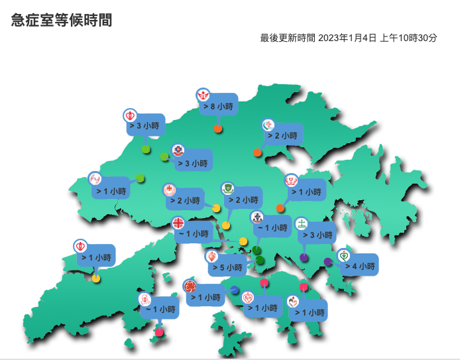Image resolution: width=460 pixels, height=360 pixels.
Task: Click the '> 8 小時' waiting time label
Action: [x=218, y=106]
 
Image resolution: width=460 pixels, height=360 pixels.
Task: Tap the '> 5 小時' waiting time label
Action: [x=227, y=268]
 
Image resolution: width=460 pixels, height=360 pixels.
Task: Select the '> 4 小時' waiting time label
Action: [x=359, y=267]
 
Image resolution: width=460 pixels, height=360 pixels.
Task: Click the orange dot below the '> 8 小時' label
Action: [x=217, y=129]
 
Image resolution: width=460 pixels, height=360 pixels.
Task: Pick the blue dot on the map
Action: [x=235, y=290]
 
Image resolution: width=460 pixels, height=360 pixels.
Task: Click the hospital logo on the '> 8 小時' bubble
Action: [x=203, y=95]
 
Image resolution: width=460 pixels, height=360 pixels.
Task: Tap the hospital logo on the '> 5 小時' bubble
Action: [x=211, y=256]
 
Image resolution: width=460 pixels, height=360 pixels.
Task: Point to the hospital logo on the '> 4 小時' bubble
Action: [x=343, y=255]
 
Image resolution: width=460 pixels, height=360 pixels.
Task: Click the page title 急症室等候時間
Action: [x=62, y=21]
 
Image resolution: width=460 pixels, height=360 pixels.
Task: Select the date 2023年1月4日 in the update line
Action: [x=347, y=38]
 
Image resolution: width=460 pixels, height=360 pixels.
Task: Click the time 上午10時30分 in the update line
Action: [x=408, y=38]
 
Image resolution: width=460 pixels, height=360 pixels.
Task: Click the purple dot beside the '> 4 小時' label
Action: [x=328, y=262]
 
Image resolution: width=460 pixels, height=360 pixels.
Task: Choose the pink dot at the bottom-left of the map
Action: [x=159, y=332]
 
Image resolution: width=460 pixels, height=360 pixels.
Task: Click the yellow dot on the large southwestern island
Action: [x=96, y=278]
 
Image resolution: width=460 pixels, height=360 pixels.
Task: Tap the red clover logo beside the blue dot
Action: [x=190, y=286]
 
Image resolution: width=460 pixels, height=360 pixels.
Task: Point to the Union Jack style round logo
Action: [x=178, y=223]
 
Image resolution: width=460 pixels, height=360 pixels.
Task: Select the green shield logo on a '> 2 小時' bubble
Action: [x=227, y=188]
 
